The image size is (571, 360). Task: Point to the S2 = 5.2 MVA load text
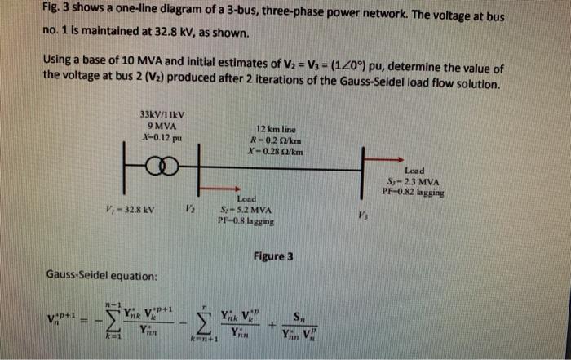(246, 210)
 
